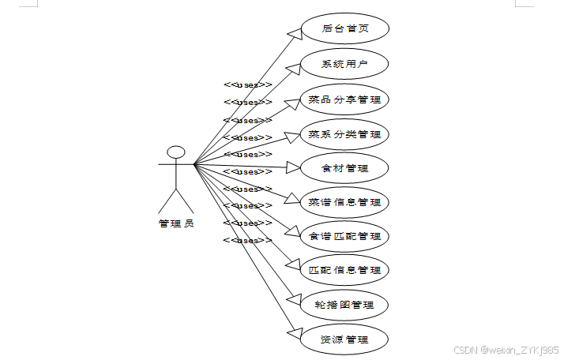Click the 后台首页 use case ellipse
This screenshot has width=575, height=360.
tap(345, 29)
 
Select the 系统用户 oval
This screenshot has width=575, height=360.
tap(345, 65)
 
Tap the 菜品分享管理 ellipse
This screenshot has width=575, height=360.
tap(345, 100)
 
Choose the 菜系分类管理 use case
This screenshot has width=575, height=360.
tap(345, 134)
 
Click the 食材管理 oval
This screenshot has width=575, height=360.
tap(345, 168)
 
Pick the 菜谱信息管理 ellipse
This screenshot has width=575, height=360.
tap(345, 202)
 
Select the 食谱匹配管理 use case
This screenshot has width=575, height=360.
tap(345, 236)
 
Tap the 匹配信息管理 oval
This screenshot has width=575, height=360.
tap(345, 270)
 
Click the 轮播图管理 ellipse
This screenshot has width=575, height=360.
tap(345, 305)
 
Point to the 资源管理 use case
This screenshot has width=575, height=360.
tap(345, 339)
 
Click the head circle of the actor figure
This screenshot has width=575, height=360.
tap(175, 152)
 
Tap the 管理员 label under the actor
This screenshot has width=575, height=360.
tap(175, 223)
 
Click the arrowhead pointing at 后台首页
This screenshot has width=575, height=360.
tap(295, 32)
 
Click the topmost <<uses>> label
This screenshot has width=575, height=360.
tap(247, 84)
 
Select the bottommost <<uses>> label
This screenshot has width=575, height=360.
tap(247, 240)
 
